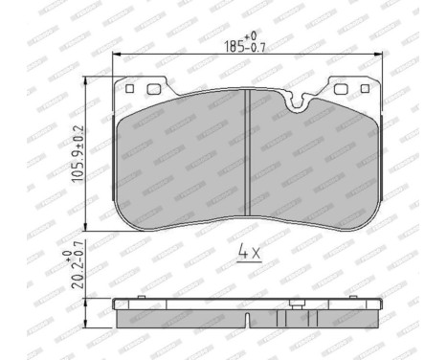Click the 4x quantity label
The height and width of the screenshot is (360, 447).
248,254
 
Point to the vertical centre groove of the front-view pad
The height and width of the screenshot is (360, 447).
248,153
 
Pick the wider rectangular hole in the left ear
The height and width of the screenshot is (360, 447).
154,92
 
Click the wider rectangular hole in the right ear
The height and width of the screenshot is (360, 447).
342,92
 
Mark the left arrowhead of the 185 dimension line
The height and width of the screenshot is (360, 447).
116,56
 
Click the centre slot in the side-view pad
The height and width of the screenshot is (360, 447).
248,319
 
